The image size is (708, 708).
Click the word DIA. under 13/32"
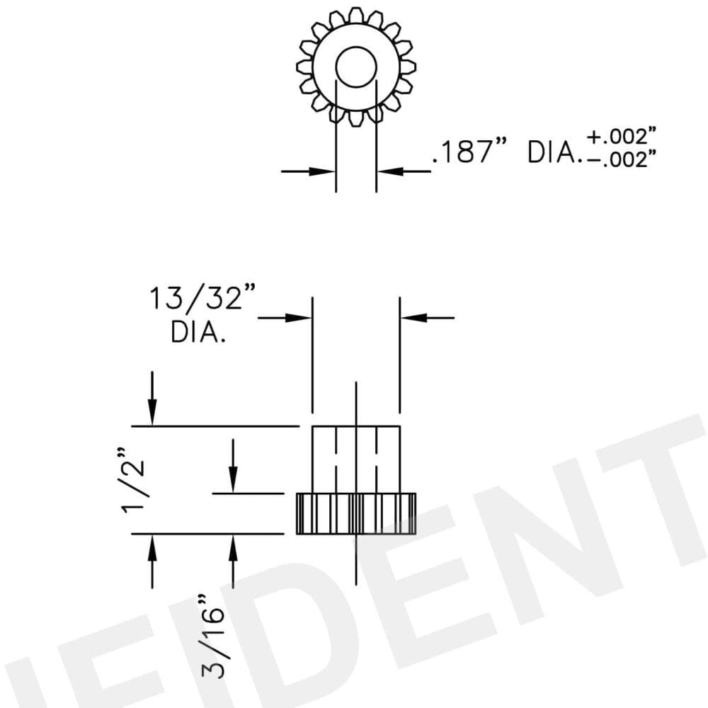coord(198,333)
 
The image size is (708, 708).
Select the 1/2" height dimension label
coord(134,480)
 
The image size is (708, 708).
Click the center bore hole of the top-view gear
coord(355,68)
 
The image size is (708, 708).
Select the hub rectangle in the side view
coord(356,459)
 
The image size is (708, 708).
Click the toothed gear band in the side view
coord(356,513)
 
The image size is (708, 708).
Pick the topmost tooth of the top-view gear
coord(356,15)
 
